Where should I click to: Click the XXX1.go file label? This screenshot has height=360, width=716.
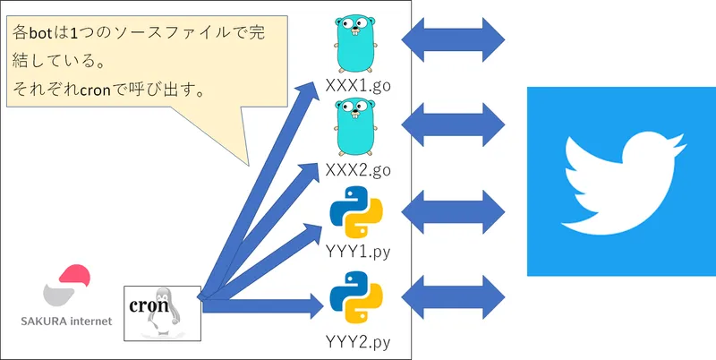[x=356, y=87]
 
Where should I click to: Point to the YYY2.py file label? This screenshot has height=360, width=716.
[x=356, y=340]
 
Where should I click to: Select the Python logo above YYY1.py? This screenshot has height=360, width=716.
[x=356, y=211]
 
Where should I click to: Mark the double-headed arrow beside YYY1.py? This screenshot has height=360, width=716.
[x=454, y=211]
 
